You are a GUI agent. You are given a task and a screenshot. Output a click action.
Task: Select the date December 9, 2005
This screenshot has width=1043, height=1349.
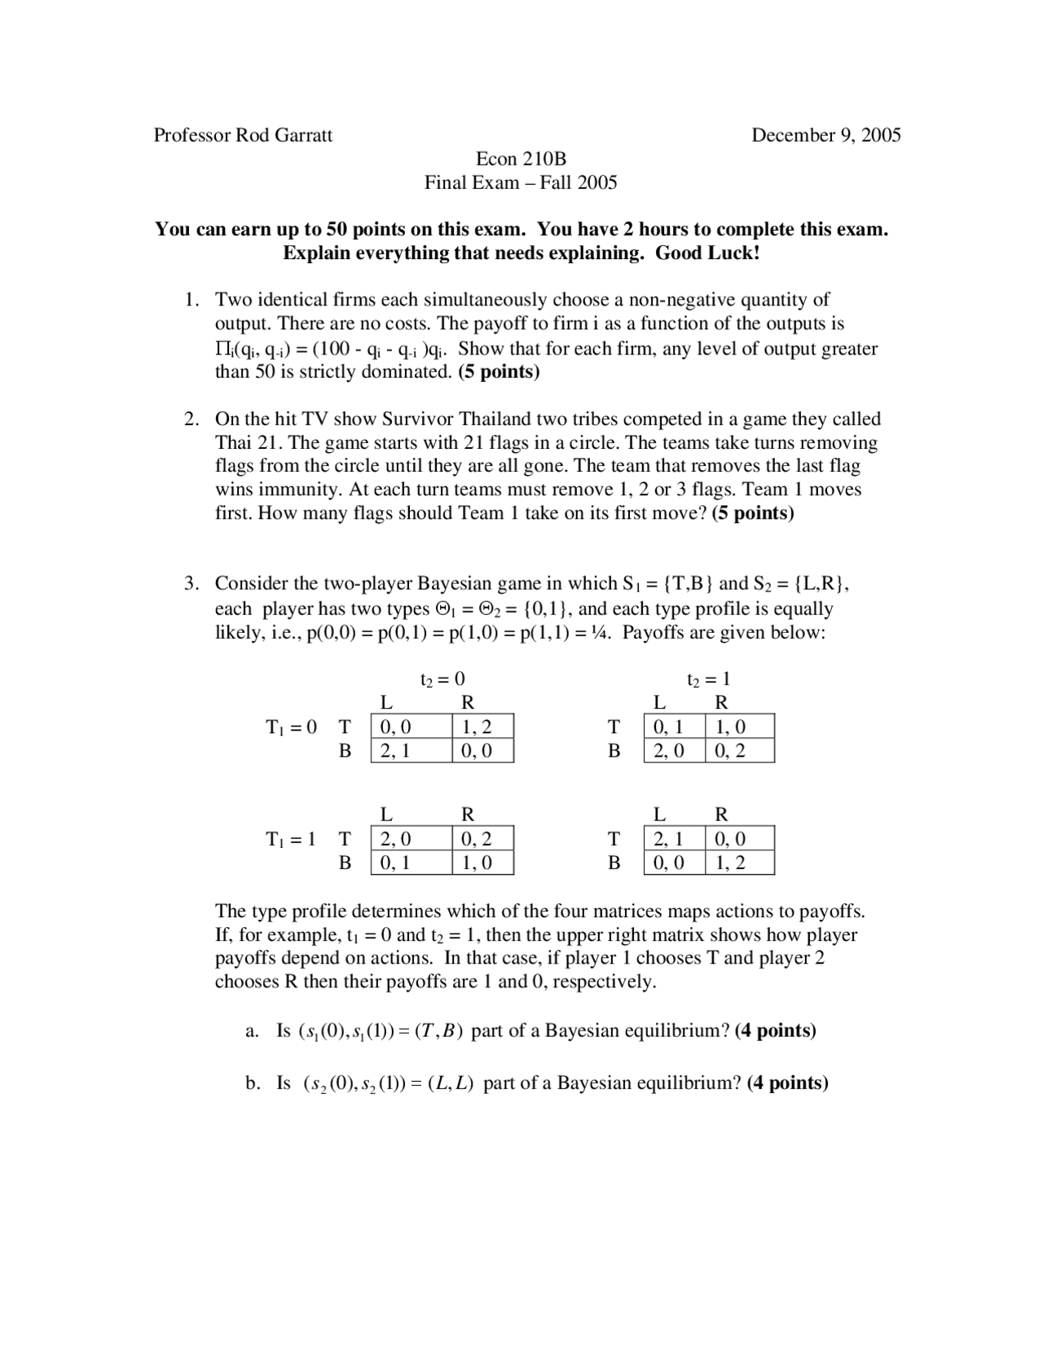pyautogui.click(x=825, y=135)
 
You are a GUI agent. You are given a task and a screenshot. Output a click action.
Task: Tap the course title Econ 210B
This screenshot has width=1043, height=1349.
pyautogui.click(x=521, y=159)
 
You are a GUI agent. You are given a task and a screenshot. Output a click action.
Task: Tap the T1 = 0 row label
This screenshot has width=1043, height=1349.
pyautogui.click(x=291, y=727)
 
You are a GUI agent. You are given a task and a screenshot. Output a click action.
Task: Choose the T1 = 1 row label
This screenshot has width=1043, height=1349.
pyautogui.click(x=291, y=839)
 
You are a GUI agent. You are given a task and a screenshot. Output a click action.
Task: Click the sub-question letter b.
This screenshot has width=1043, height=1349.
pyautogui.click(x=252, y=1083)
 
